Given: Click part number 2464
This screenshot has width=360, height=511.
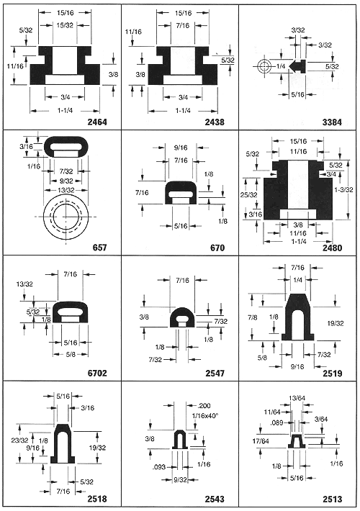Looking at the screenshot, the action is [97, 122].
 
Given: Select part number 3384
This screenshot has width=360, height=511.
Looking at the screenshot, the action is [333, 122].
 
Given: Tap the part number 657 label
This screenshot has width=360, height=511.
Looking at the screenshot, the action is [100, 248].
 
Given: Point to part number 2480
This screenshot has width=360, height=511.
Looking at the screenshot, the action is [333, 248].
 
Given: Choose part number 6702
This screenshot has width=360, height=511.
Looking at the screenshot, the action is [97, 373].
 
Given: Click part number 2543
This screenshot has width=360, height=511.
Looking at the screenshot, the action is [215, 499].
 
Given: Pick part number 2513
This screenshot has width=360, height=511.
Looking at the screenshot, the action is [333, 499].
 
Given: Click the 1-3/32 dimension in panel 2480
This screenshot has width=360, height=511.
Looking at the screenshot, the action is [344, 189].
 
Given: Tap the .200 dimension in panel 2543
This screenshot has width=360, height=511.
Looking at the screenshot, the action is [204, 406].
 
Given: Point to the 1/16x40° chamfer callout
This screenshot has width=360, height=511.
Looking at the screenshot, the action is [204, 416].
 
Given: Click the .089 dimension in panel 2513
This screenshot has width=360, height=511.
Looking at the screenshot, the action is [276, 423].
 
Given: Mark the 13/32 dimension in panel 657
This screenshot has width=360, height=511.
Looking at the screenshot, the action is [66, 190].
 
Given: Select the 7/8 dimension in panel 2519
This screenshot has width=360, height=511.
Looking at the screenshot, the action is [253, 317].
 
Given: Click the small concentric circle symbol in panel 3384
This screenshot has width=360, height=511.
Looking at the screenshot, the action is [264, 66].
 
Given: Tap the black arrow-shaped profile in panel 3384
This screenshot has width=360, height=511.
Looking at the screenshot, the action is [298, 65].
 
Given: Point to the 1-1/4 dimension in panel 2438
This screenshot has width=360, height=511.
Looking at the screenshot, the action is [183, 111].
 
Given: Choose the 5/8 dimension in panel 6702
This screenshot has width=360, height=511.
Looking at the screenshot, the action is [71, 354].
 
